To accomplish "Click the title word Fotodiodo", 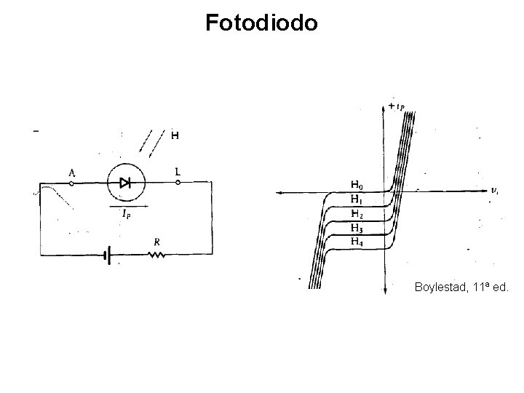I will [x=261, y=23].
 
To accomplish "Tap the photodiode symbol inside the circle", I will [x=127, y=183].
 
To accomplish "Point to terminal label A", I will [x=71, y=172].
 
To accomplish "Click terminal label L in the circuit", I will [x=177, y=172].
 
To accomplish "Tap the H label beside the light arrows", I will [x=175, y=135].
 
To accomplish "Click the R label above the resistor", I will [x=157, y=241].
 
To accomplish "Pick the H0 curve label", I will [x=357, y=185].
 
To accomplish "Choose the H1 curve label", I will [x=357, y=199].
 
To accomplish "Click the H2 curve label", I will [x=357, y=214].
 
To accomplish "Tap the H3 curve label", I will [x=357, y=228].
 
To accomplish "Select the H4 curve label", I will [x=357, y=242].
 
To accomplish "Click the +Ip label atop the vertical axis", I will [x=397, y=106].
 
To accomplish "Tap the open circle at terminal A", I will [x=71, y=183].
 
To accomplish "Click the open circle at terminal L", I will [x=177, y=183].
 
